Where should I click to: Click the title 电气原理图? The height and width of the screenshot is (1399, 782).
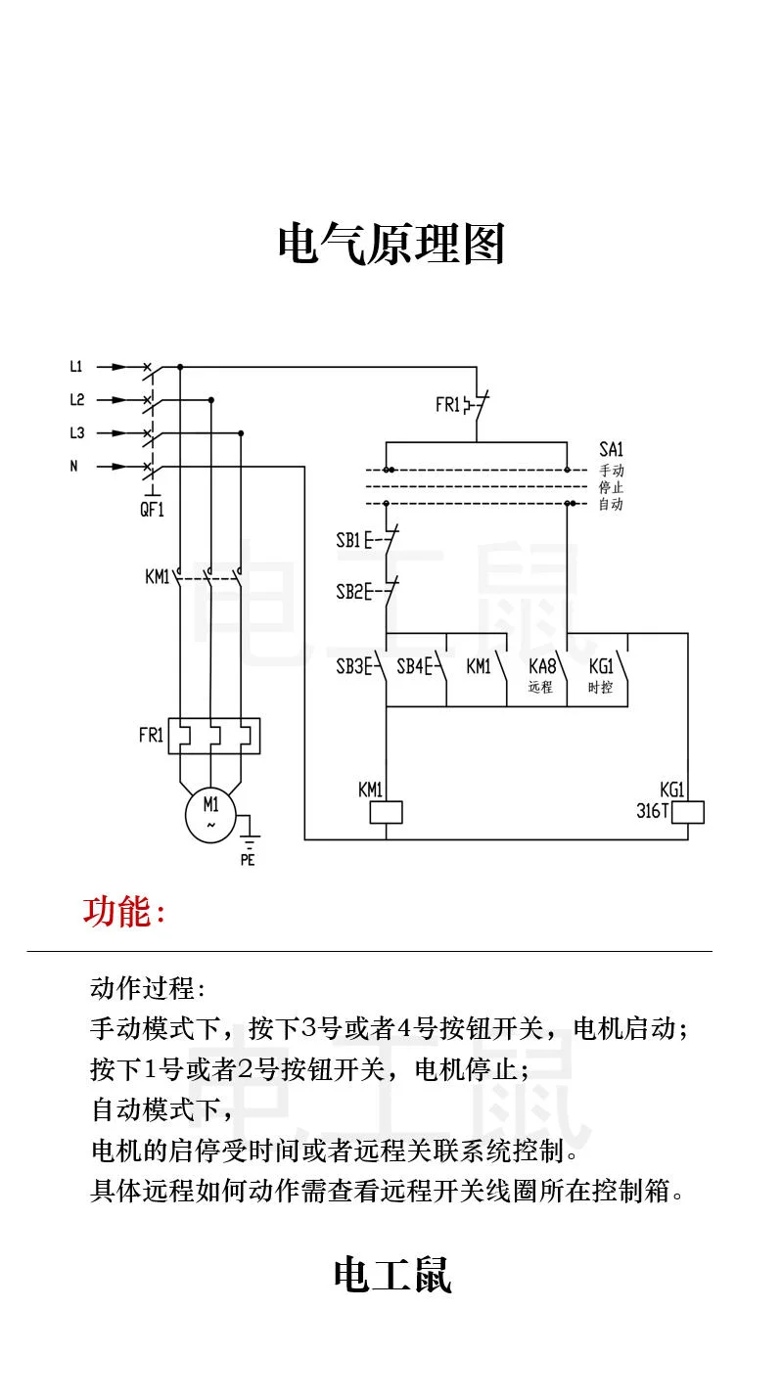click(391, 245)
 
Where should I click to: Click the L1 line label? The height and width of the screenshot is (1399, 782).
click(76, 368)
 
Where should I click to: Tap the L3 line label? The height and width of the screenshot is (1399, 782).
click(76, 432)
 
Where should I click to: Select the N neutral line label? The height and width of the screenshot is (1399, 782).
click(73, 467)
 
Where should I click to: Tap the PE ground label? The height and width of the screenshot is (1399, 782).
click(248, 861)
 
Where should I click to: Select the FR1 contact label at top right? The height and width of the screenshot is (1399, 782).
click(447, 404)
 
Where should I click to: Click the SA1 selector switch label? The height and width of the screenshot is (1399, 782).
click(611, 449)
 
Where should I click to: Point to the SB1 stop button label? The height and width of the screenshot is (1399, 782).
click(348, 540)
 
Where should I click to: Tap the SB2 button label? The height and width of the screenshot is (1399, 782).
click(348, 592)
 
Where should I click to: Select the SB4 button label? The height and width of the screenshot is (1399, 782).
click(409, 667)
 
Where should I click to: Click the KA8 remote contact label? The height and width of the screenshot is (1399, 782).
click(541, 667)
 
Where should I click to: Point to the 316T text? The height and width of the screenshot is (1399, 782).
click(652, 811)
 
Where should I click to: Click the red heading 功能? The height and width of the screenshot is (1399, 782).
click(124, 912)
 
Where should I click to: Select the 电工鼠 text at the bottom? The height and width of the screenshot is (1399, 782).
click(391, 1276)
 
